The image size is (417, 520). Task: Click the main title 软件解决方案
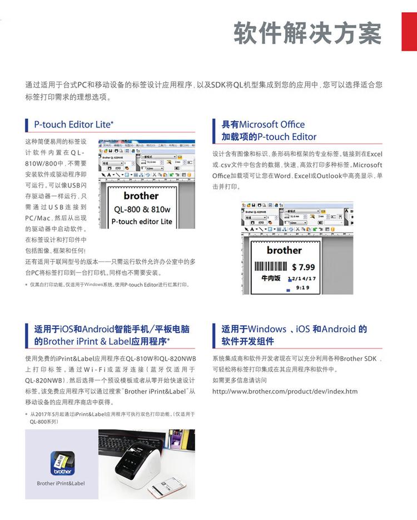click(x=307, y=33)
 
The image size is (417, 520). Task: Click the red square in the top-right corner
click(x=409, y=32)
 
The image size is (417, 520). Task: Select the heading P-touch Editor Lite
click(x=73, y=124)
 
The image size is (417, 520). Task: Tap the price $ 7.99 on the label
click(x=303, y=267)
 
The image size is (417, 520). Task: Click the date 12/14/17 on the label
click(x=302, y=278)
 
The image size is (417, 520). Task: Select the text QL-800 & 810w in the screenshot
click(x=141, y=210)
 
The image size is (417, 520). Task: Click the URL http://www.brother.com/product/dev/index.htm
click(x=285, y=391)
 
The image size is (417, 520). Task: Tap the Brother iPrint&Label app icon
click(x=61, y=463)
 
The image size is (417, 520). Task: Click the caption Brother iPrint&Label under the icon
click(x=61, y=483)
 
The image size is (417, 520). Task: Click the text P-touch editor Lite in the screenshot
click(x=141, y=221)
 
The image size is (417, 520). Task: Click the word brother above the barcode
click(x=284, y=250)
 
